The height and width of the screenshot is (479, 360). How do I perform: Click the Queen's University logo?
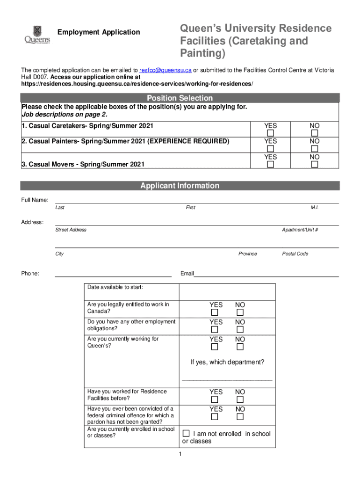coord(37,35)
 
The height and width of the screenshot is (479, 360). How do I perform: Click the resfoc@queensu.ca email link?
coord(166,70)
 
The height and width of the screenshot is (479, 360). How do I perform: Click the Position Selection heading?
coord(180,98)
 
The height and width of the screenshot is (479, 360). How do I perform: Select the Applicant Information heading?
coord(180,186)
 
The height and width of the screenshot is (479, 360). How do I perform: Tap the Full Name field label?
coord(35,200)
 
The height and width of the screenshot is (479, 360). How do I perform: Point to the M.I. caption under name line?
coord(314,208)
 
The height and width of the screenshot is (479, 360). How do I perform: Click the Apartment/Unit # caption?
coord(300,230)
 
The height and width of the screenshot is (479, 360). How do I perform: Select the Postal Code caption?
coord(295,254)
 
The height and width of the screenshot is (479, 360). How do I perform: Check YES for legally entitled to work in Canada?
coord(215,312)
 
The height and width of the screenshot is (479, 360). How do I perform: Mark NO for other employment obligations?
coord(240,330)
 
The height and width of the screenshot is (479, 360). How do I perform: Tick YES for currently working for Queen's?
coord(215,347)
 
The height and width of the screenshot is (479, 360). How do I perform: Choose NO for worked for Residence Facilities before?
coord(240,399)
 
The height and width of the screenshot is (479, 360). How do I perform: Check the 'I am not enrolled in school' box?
coord(186,433)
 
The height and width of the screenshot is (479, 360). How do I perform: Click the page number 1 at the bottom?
coord(180,455)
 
